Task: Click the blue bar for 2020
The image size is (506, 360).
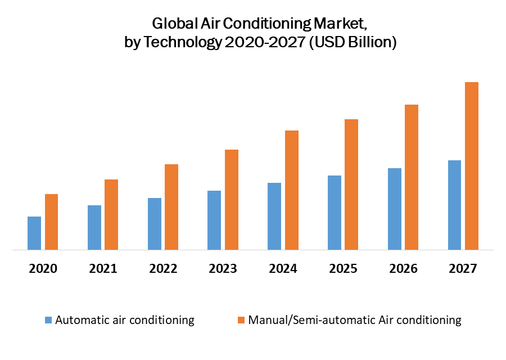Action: point(34,233)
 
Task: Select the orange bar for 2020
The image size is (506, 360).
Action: point(52,222)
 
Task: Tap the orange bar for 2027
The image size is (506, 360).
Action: point(472,166)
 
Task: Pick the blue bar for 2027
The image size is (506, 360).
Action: point(454,205)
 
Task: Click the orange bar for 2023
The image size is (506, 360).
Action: point(232,200)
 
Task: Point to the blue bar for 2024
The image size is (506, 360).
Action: point(274,216)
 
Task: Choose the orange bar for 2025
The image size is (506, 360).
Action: point(351,184)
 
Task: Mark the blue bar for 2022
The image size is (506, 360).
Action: point(155,224)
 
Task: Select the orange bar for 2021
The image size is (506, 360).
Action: point(111,214)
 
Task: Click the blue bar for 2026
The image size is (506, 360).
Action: point(395,209)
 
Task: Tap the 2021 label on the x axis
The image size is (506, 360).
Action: point(103,268)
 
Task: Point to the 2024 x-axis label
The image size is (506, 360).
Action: point(283,268)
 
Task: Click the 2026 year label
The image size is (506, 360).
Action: point(403,268)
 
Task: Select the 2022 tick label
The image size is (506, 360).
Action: point(163,268)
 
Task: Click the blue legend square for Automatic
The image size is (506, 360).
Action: point(49,320)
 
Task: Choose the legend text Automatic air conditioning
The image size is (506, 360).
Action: point(125,320)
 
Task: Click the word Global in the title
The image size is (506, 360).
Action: point(171,24)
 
